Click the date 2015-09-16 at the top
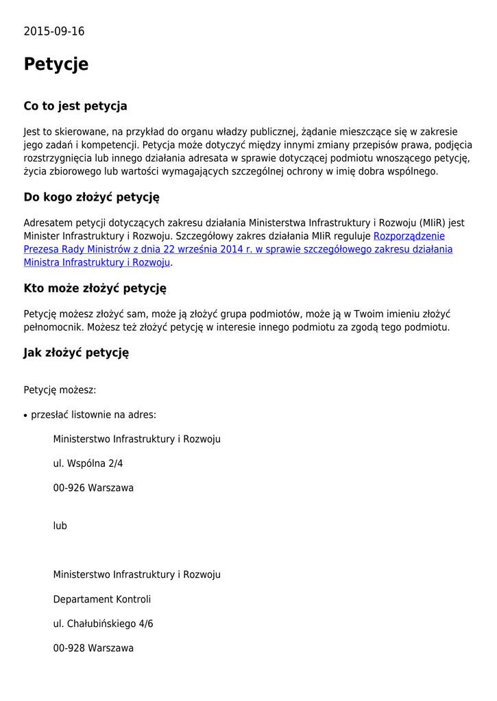coord(54,31)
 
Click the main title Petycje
coord(56,64)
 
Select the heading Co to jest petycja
coord(75,106)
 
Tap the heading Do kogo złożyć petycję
coord(91,197)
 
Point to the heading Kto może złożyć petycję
coord(95,288)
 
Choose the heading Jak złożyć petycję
coord(76,353)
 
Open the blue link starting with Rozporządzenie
coord(409,236)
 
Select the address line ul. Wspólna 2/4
coord(88,463)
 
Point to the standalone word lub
coord(60,526)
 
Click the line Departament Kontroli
coord(102,599)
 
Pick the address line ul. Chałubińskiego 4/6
coord(104,624)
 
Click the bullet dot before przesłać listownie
coord(25,416)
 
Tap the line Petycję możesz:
coord(60,390)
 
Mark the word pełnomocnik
coord(53,327)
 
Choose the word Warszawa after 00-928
coord(111,648)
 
